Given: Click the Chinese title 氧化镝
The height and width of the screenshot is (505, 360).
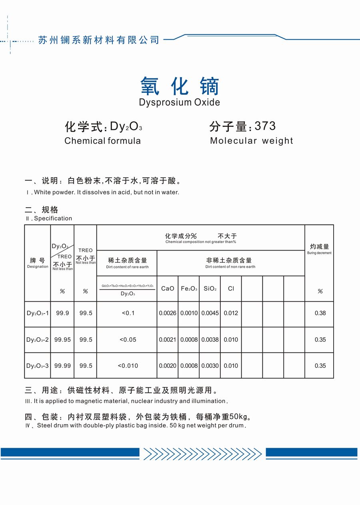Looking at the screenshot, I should click(x=180, y=86).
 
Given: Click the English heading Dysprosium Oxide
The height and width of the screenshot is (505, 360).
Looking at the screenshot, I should click(x=180, y=102).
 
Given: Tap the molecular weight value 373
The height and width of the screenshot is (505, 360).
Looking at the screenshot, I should click(x=265, y=126).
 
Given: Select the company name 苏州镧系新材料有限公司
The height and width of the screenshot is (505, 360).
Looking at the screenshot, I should click(x=99, y=40).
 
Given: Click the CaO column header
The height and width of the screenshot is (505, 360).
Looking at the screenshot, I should click(x=168, y=289).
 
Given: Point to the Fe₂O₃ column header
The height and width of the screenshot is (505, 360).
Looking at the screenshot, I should click(x=189, y=289).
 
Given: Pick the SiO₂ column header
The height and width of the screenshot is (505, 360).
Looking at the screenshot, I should click(x=210, y=289).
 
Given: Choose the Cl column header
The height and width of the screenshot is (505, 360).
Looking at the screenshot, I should click(x=231, y=289).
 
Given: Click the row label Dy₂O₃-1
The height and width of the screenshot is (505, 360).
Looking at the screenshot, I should click(x=38, y=313).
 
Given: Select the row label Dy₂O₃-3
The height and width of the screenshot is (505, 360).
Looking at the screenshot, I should click(x=38, y=366).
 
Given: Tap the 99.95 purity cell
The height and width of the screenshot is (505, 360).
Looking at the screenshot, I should click(x=62, y=340).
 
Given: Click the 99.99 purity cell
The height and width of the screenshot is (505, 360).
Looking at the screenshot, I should click(x=62, y=366).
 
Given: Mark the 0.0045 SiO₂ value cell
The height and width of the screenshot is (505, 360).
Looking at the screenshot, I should click(x=210, y=313).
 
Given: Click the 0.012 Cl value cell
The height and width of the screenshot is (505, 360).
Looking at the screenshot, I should click(x=231, y=313).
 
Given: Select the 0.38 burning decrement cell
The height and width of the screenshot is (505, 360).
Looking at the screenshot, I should click(x=320, y=313).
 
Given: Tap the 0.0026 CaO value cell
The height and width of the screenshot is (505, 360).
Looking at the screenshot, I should click(x=168, y=313).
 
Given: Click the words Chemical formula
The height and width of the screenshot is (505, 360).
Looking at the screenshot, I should click(x=102, y=141).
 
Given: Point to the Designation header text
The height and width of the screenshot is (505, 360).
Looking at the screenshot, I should click(x=38, y=267).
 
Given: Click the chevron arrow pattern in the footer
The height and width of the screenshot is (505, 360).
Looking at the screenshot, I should click(x=202, y=453).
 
